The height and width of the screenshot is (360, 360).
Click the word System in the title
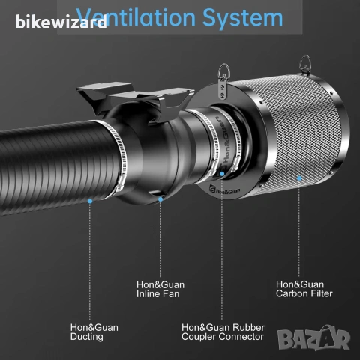[242, 18]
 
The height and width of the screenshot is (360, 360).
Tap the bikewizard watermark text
[61, 22]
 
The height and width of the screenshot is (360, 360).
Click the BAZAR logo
[314, 338]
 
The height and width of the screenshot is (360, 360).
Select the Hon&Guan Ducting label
[94, 332]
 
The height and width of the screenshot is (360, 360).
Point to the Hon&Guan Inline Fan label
[160, 289]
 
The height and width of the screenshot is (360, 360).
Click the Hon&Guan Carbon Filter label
[304, 289]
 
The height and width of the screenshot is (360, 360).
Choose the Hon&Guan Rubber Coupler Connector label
[223, 332]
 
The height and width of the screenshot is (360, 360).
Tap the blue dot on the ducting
[90, 201]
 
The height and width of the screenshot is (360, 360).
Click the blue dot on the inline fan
[160, 199]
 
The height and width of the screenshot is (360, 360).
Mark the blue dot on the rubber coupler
[222, 174]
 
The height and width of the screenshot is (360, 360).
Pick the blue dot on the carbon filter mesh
[299, 178]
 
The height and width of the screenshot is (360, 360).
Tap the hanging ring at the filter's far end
[305, 64]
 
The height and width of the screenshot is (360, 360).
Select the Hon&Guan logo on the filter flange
[224, 190]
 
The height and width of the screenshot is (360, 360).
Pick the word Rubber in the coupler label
[248, 328]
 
